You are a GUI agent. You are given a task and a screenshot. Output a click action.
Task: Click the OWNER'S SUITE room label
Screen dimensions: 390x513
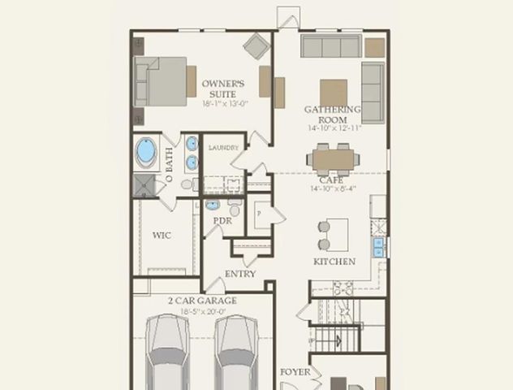218,88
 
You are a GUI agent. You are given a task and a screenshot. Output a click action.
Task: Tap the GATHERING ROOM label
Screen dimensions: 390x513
333,114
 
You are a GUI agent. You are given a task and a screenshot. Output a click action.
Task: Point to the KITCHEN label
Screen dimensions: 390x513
334,262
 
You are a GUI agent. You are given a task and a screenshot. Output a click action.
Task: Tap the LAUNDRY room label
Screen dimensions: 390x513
223,148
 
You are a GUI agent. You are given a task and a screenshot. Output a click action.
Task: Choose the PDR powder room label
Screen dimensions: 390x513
223,220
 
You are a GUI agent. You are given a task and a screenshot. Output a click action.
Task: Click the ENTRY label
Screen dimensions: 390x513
240,274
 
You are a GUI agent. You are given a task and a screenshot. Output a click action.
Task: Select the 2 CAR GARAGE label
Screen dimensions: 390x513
203,301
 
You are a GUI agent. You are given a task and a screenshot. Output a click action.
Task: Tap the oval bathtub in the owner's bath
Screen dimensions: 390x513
146,151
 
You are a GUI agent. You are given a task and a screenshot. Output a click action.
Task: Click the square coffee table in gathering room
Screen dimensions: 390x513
333,92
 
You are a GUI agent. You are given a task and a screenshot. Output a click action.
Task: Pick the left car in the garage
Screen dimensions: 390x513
167,353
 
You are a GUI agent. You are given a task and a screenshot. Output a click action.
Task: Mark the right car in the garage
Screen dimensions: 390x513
237,353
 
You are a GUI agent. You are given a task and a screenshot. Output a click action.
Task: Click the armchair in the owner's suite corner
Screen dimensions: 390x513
256,46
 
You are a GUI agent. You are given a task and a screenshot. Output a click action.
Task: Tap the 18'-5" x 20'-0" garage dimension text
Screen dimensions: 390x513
203,311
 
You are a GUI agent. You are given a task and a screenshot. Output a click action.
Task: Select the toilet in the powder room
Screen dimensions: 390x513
234,206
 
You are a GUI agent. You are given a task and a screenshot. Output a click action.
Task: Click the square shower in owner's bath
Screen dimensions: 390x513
144,185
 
